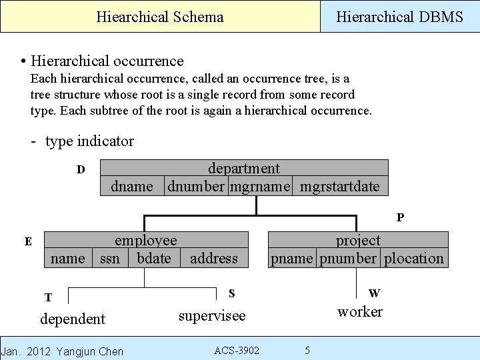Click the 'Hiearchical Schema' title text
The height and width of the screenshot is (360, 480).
point(160,17)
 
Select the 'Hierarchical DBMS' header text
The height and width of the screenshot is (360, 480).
point(399,17)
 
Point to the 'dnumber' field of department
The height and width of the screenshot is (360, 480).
point(196,186)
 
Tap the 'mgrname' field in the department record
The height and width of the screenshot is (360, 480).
point(260,186)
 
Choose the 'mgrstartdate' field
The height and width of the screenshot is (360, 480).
point(339,186)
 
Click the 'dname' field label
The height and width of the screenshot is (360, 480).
point(132,186)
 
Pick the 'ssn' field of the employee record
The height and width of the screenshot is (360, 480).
point(110,258)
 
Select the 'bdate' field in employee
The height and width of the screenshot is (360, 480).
point(154,258)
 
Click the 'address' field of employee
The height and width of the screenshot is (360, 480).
point(213,258)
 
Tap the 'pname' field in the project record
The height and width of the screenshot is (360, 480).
point(292,258)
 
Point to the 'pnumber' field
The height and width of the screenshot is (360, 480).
point(348,258)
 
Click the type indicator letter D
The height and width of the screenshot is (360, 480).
point(81,169)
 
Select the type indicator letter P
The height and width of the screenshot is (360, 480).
point(400,217)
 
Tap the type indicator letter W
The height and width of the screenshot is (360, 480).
point(374,293)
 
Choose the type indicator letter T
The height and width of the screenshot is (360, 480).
point(48,297)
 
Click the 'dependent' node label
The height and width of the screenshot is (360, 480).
point(73,319)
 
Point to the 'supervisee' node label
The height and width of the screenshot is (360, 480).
point(212,315)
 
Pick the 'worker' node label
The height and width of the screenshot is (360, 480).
point(360,311)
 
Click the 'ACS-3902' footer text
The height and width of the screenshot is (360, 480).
point(237,351)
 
